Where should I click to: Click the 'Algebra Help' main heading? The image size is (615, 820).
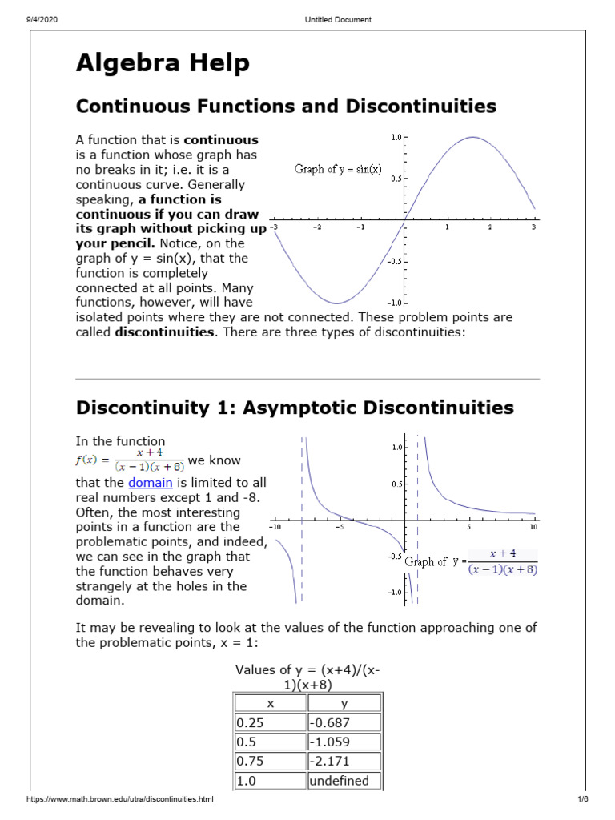[163, 64]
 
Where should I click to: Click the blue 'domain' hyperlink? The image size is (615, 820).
[151, 483]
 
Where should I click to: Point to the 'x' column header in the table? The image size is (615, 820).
[270, 703]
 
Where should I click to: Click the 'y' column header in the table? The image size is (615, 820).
[344, 703]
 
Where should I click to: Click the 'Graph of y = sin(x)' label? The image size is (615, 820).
[339, 169]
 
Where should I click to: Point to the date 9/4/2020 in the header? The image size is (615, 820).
[41, 20]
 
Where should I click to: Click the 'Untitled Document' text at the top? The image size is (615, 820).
[339, 20]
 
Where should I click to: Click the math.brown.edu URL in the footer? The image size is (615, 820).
[120, 800]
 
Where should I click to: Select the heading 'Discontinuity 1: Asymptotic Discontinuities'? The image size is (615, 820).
[295, 408]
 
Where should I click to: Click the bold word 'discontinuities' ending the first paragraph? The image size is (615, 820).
[165, 332]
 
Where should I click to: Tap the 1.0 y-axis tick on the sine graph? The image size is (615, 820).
[396, 138]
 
